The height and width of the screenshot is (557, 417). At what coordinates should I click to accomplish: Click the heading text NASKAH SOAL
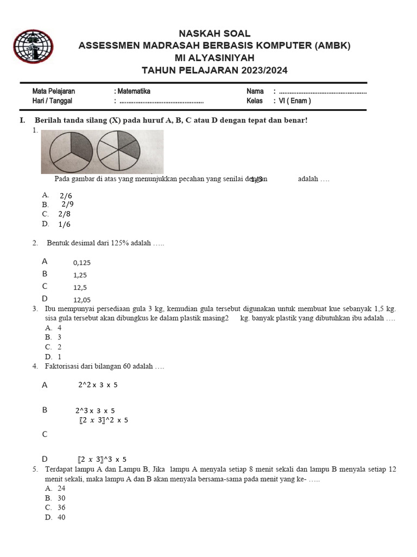pos(214,34)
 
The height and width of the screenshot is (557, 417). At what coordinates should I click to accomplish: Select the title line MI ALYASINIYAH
pos(214,58)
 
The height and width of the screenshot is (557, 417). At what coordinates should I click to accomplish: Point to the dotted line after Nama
pos(323,92)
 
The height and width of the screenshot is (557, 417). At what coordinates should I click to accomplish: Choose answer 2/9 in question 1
pos(67,204)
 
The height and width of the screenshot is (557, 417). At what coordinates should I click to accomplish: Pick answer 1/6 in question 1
pos(64,224)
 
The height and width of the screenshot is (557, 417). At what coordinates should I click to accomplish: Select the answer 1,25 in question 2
pos(80,275)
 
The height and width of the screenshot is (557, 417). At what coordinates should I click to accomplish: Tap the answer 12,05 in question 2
pos(82,300)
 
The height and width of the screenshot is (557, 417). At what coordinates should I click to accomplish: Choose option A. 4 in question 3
pos(54,328)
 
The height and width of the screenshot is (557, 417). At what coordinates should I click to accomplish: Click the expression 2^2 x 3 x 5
pos(98,385)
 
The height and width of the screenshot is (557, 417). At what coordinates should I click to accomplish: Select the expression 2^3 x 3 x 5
pos(95,411)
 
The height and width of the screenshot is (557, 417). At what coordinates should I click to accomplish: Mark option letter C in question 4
pos(45,434)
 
